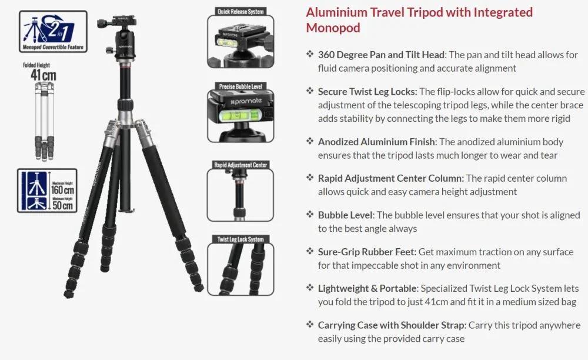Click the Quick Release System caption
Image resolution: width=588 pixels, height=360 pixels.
240,11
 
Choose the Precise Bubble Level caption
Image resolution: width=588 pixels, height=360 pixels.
240,86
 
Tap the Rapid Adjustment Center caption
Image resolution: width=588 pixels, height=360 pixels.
240,165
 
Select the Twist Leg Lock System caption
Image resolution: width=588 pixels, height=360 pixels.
240,239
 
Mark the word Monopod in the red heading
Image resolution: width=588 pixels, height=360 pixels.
333,28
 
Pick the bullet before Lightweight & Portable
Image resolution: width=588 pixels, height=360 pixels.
310,288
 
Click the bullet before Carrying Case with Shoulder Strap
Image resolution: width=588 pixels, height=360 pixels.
310,325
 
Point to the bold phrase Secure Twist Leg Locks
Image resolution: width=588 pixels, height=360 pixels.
368,91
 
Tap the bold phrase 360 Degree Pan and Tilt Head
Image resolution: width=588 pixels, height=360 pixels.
381,55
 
